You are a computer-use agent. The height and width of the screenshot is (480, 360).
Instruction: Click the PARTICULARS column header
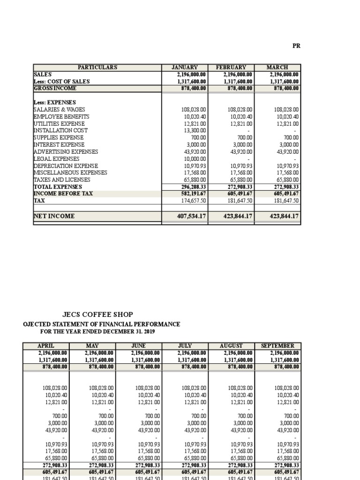point(97,67)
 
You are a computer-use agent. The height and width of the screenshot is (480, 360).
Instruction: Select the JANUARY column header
point(185,67)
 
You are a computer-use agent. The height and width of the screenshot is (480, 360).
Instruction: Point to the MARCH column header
point(277,67)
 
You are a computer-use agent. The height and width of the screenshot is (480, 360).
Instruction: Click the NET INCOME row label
point(54,216)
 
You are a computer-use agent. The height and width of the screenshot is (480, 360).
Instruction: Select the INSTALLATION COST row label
point(60,130)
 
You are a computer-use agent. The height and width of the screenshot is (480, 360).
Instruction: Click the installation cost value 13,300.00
point(194,130)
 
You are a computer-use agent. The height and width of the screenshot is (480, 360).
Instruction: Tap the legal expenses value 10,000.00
point(194,158)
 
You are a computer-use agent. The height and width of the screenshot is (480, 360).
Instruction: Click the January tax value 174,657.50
point(194,200)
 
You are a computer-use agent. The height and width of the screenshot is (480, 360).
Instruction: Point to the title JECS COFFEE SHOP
point(97,315)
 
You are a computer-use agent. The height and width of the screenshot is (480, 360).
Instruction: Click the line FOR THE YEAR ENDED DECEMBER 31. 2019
point(98,331)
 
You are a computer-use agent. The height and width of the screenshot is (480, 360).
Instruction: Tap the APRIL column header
point(46,345)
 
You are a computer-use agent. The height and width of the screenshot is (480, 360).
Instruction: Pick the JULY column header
point(185,345)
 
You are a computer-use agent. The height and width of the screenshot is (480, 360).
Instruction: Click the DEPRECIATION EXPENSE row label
point(66,165)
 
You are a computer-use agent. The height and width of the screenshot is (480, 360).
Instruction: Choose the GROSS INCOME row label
point(55,88)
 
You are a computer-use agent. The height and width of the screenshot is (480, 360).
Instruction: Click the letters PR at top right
point(296,45)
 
